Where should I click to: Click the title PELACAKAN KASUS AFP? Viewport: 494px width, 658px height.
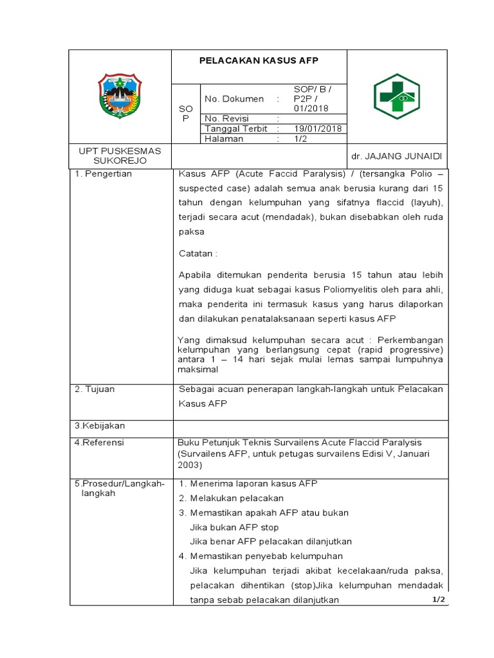click(259, 61)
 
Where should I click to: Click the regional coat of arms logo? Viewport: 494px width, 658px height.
click(120, 96)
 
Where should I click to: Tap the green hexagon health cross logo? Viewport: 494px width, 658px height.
click(397, 96)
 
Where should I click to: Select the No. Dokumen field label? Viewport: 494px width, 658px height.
click(233, 99)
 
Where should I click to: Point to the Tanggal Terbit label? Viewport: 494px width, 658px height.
click(235, 129)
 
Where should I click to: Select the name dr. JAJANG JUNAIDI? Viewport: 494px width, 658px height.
click(397, 156)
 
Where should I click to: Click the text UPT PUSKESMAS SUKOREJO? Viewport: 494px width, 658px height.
click(120, 156)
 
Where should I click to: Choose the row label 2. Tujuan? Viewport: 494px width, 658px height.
click(95, 389)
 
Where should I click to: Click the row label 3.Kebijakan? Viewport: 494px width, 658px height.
click(100, 425)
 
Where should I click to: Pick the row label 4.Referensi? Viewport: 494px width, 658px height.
click(100, 443)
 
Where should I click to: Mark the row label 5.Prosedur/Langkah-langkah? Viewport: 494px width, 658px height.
click(120, 488)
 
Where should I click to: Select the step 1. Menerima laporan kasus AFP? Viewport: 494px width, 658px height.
click(248, 483)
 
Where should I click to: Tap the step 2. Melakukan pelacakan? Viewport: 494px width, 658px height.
click(231, 498)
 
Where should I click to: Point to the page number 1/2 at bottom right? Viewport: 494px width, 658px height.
click(439, 600)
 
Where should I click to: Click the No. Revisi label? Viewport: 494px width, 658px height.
click(226, 119)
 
